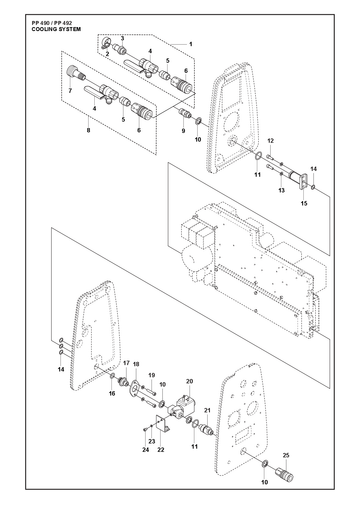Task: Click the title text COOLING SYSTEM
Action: click(x=56, y=29)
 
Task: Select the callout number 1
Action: click(x=191, y=44)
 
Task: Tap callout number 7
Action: click(x=70, y=91)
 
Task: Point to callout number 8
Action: click(x=88, y=130)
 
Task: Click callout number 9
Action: click(x=183, y=131)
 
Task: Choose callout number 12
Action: click(x=270, y=141)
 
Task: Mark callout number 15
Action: click(x=304, y=203)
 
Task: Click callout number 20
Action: click(x=190, y=381)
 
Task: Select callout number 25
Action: click(x=286, y=455)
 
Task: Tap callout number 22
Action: click(x=161, y=450)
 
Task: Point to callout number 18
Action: click(x=136, y=364)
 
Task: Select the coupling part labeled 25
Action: click(x=284, y=474)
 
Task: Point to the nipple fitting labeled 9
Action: click(x=185, y=113)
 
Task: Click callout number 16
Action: click(x=112, y=393)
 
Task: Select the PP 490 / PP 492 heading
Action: click(x=52, y=23)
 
